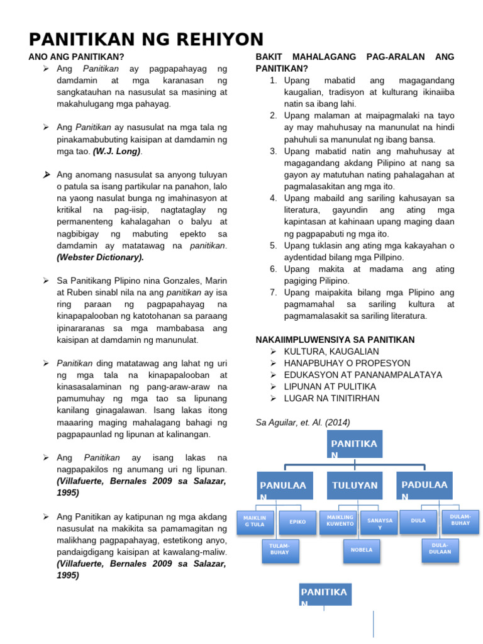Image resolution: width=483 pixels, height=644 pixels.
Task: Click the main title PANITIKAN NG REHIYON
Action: [146, 39]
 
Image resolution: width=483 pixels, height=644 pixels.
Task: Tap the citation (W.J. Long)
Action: [118, 151]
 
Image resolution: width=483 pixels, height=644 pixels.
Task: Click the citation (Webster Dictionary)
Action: [100, 257]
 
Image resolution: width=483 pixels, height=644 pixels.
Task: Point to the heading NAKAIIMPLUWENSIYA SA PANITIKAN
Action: [335, 340]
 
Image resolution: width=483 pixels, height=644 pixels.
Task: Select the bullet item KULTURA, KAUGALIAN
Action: [331, 352]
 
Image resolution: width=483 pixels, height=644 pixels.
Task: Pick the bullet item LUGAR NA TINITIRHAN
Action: [331, 398]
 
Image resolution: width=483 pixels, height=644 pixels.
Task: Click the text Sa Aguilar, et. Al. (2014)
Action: [303, 422]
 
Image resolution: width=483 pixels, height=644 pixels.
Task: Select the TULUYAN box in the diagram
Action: [355, 486]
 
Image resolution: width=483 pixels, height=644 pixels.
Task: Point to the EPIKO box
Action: [297, 521]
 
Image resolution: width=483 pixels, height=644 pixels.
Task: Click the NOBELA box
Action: [362, 550]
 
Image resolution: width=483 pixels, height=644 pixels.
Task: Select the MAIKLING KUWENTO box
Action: [340, 521]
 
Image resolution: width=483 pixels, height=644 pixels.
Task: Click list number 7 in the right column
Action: [274, 292]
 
